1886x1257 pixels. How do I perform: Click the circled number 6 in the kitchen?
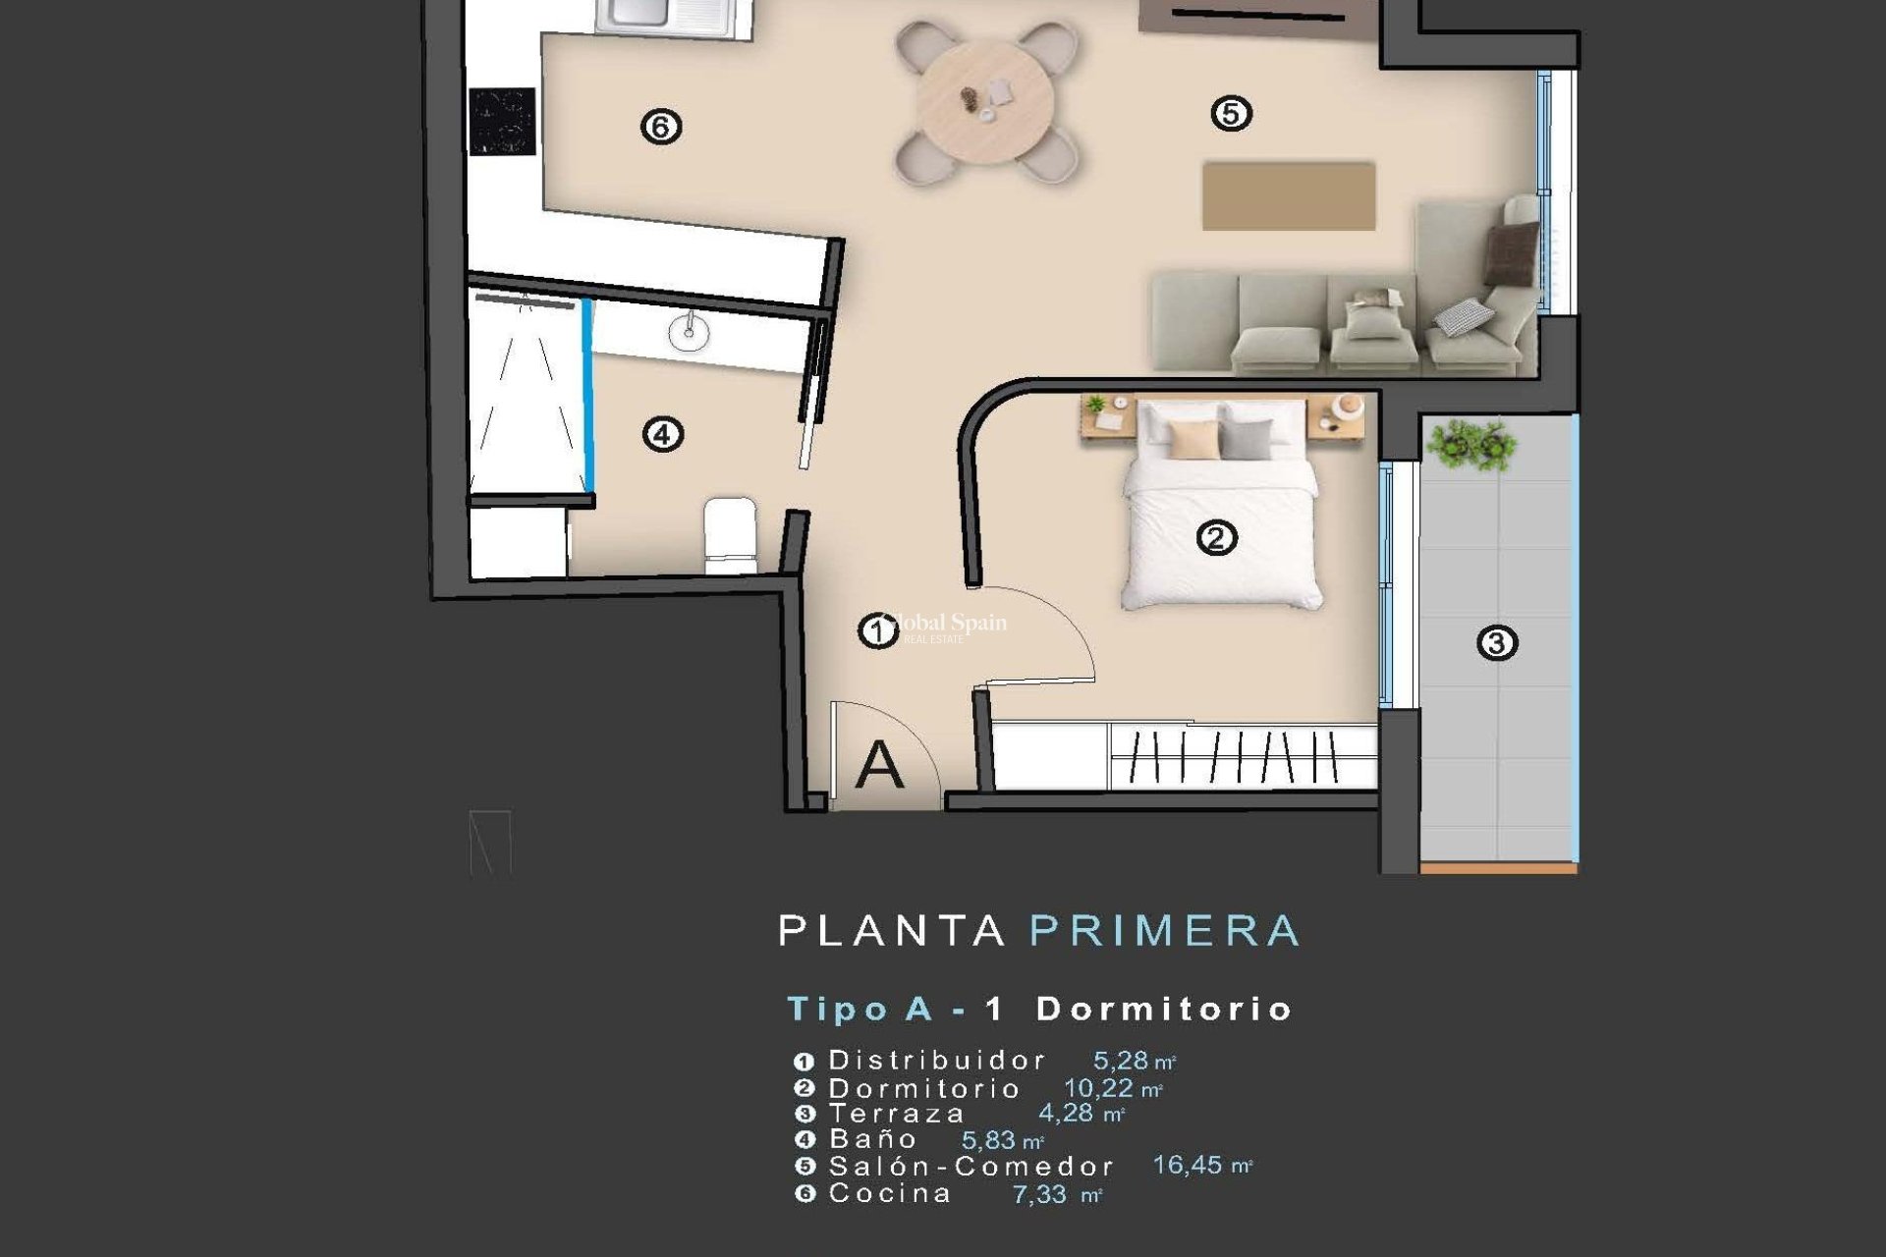pos(661,126)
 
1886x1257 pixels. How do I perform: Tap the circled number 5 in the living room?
pos(1231,114)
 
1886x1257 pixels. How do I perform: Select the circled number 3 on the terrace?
pos(1497,643)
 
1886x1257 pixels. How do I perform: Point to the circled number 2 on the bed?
pos(1217,538)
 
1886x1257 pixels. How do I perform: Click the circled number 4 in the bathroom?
pos(663,434)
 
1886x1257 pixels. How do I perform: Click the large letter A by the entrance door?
pos(878,766)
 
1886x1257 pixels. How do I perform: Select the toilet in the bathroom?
pos(730,535)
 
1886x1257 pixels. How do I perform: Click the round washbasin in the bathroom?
pos(689,332)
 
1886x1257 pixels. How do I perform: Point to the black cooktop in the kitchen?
pos(502,121)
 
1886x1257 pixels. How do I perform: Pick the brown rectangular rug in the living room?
pos(1288,196)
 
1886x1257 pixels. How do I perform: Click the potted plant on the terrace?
pos(1470,444)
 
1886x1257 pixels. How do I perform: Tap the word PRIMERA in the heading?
pos(1165,930)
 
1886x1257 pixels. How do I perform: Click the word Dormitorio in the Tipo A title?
pos(1164,1009)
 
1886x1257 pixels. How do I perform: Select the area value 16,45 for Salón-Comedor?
pos(1187,1165)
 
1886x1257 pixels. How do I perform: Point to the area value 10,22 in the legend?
pos(1098,1088)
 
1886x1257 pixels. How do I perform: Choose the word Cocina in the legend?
pos(890,1193)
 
